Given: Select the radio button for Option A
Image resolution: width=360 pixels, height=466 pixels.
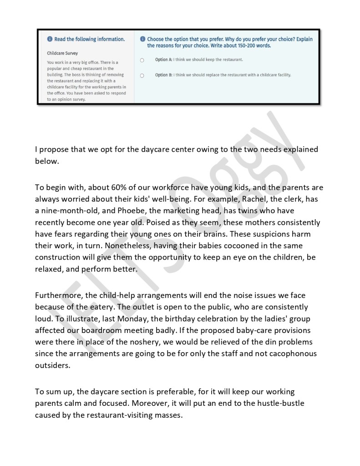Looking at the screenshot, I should point(142,60).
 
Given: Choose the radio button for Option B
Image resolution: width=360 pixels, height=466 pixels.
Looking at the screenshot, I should point(142,75).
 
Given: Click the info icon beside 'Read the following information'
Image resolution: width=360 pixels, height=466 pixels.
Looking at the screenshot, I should point(50,39).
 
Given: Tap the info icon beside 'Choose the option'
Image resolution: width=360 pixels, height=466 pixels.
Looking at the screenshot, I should point(143,39).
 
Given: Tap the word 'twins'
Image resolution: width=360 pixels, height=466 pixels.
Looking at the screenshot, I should point(271,211).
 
